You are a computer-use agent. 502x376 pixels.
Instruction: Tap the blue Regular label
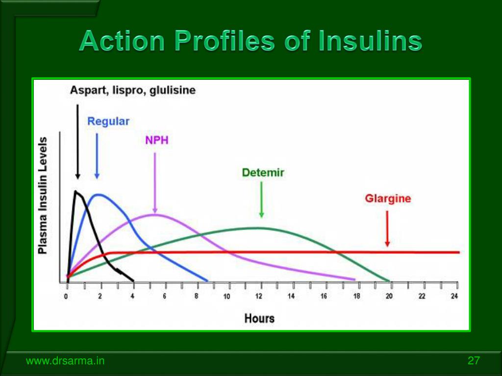108,121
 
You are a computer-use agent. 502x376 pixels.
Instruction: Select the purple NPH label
156,140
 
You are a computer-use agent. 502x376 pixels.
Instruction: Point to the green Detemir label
263,173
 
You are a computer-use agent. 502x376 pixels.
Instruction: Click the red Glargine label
388,198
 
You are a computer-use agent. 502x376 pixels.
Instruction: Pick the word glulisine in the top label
173,90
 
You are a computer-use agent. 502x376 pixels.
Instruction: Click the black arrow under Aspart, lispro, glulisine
77,142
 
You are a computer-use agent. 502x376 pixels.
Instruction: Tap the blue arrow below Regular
97,156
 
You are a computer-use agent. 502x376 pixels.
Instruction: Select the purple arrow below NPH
155,183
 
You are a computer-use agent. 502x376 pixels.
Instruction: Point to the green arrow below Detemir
262,200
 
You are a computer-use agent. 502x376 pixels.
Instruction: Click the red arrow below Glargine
387,229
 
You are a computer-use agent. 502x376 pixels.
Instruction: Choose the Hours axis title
259,318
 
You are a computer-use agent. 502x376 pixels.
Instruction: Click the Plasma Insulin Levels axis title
43,196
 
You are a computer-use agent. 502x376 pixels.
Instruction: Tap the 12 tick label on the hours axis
259,296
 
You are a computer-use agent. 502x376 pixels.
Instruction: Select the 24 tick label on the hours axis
454,296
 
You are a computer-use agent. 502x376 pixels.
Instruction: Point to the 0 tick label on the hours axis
66,296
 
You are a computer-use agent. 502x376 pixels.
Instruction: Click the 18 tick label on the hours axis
356,296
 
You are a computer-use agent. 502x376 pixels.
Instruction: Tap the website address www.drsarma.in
65,361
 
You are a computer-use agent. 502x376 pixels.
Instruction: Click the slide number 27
474,361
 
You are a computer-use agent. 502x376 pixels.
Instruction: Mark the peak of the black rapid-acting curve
75,191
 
